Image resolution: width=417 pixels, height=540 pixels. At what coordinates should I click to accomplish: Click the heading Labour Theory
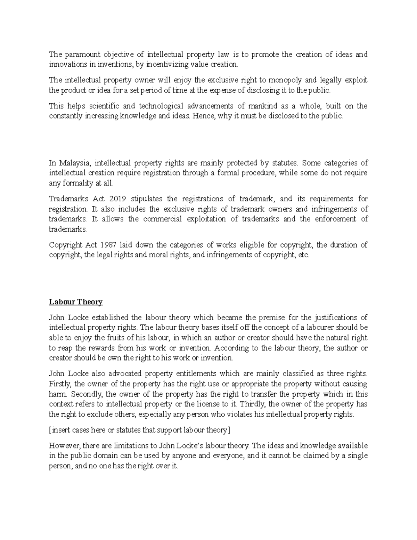pyautogui.click(x=76, y=302)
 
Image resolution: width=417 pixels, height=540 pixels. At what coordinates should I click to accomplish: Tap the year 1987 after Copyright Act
pyautogui.click(x=108, y=245)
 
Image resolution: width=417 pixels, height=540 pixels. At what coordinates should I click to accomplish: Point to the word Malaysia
pyautogui.click(x=74, y=163)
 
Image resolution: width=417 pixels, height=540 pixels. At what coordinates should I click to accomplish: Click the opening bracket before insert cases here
pyautogui.click(x=50, y=430)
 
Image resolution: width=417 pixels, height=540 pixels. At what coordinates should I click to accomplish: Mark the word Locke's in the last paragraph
pyautogui.click(x=190, y=445)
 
